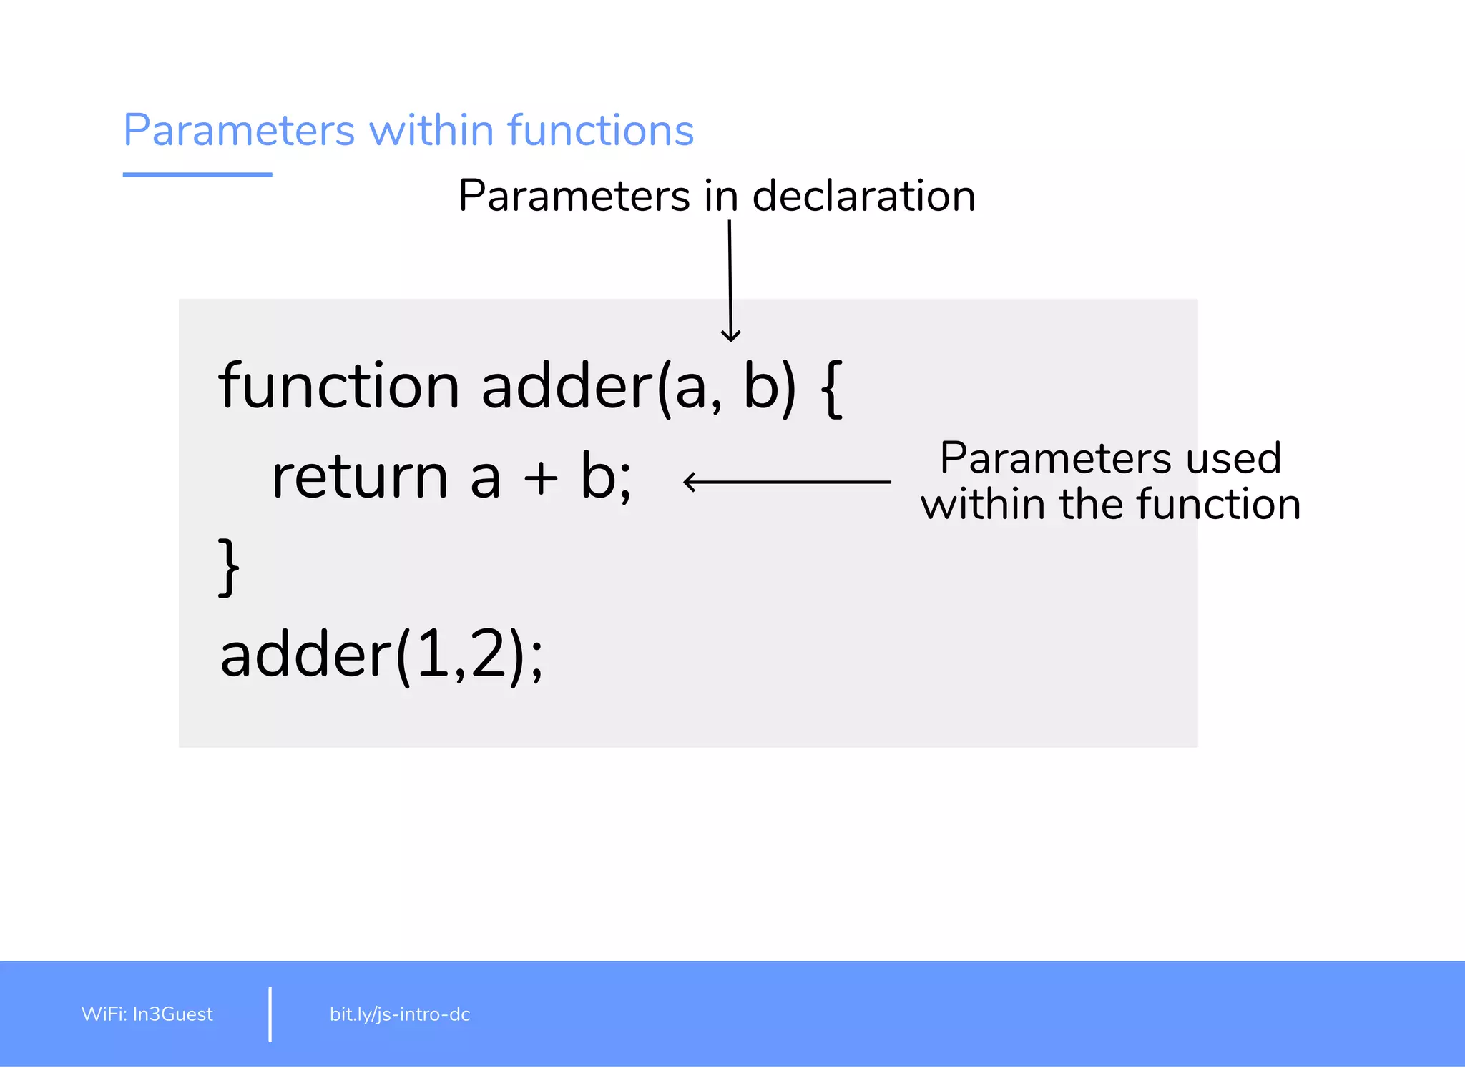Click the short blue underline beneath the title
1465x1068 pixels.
coord(197,174)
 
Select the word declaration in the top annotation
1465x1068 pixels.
coord(864,196)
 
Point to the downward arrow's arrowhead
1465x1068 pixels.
coord(730,336)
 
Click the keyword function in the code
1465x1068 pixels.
coord(338,386)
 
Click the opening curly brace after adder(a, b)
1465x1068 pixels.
coord(832,388)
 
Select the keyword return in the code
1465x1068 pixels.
coord(360,477)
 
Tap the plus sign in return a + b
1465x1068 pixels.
coord(540,478)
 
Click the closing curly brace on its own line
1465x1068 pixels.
coord(229,567)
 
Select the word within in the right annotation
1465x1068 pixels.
coord(983,504)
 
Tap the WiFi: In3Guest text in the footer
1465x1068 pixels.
coord(147,1014)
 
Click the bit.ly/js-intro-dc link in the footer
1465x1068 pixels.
coord(400,1014)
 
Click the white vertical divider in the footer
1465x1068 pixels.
coord(270,1014)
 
